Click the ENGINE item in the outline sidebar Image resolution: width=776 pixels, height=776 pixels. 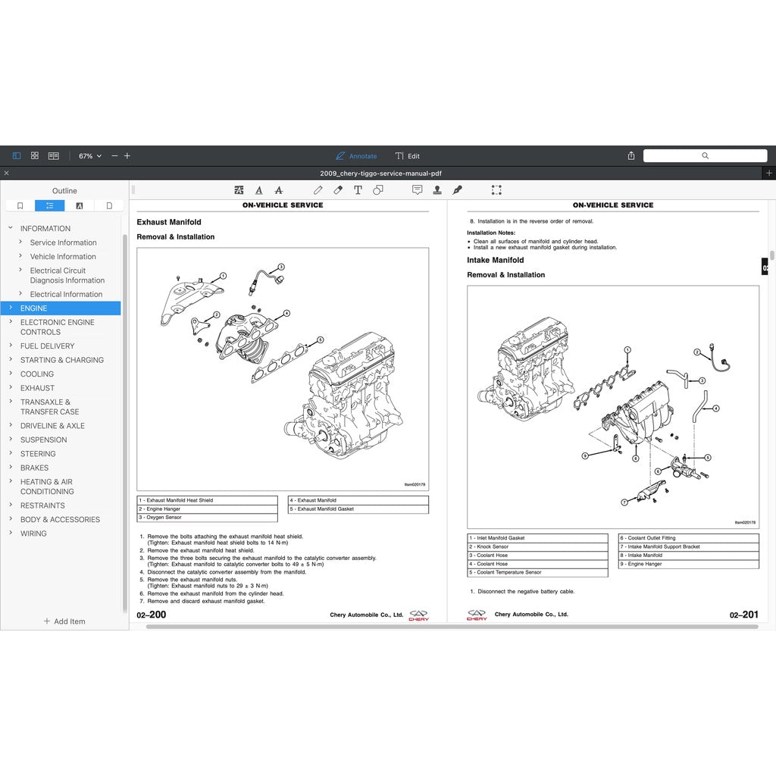tap(34, 308)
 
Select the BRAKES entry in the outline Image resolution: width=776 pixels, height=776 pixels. tap(34, 468)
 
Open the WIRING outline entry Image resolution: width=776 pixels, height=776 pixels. tap(33, 533)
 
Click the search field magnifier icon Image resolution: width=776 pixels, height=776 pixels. tap(705, 155)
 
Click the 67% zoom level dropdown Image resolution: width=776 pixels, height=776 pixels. tap(89, 156)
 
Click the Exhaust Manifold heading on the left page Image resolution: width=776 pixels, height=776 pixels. tap(169, 222)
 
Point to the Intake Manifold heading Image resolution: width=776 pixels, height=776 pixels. tap(495, 260)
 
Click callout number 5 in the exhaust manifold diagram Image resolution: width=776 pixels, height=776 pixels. tap(321, 340)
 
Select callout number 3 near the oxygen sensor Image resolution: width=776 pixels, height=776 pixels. tap(280, 267)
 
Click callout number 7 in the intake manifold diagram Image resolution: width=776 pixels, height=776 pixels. tap(624, 502)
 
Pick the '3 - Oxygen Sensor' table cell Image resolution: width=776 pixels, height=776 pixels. tap(207, 518)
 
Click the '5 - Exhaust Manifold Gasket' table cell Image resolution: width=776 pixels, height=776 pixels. tap(358, 509)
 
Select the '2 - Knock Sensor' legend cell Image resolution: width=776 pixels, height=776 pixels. tap(537, 546)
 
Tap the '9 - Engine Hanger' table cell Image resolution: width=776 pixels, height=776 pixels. tap(688, 564)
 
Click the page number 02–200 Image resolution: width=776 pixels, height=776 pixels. tap(152, 615)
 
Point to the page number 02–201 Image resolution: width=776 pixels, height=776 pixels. tap(743, 615)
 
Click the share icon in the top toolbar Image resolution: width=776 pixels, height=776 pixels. tap(631, 155)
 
